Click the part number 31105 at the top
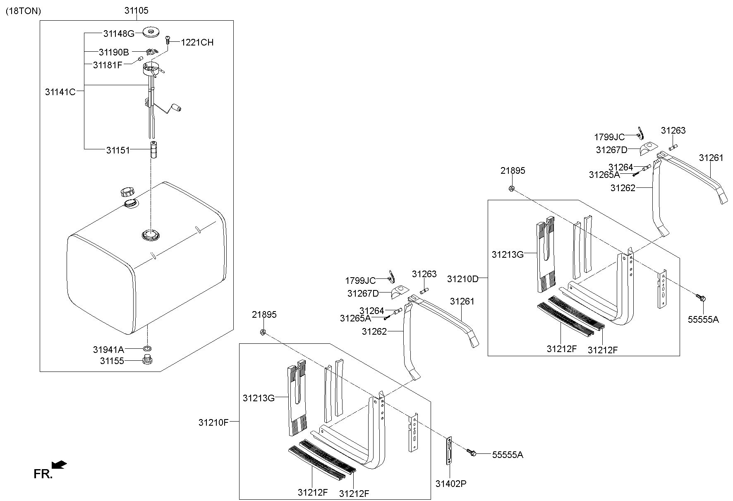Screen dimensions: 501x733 coord(136,10)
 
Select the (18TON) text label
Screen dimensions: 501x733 coord(23,11)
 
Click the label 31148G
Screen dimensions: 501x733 coord(119,34)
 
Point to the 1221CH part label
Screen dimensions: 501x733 coord(197,42)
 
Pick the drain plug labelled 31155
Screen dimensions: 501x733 coord(146,360)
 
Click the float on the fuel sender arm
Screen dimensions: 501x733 coord(177,108)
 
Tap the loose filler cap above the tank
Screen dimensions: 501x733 coord(127,192)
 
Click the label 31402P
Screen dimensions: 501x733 coord(450,483)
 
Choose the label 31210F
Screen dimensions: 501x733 coord(213,422)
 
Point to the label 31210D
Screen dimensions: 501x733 coord(462,279)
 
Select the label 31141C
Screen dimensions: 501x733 coord(60,92)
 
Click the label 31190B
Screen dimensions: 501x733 coord(114,52)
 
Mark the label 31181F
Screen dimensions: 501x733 coord(108,65)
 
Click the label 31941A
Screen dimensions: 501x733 coord(108,350)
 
